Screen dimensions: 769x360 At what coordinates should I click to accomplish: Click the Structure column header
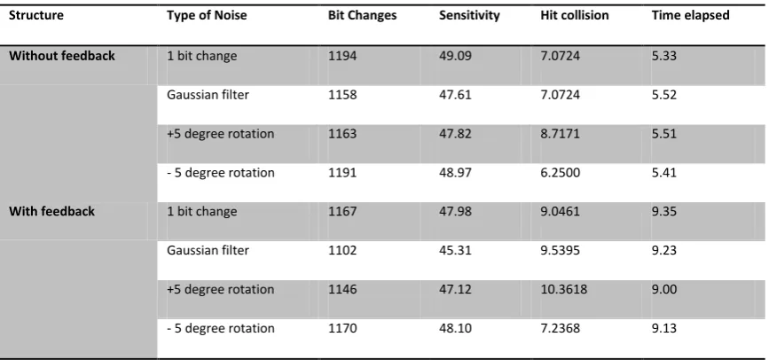click(x=36, y=15)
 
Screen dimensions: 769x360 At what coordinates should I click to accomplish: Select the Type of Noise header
click(x=207, y=16)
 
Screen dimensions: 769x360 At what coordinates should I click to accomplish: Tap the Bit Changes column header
click(x=363, y=16)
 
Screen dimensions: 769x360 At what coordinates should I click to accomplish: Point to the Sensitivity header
click(x=469, y=16)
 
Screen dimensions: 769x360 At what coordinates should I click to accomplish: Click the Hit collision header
click(x=574, y=15)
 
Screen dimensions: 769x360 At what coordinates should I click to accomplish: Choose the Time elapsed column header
click(x=691, y=16)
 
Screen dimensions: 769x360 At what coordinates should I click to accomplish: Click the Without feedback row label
click(x=62, y=56)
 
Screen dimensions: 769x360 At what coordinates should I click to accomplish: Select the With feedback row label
click(x=51, y=211)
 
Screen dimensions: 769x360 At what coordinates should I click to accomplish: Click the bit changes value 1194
click(x=342, y=56)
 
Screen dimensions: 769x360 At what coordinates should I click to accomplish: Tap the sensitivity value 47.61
click(x=455, y=95)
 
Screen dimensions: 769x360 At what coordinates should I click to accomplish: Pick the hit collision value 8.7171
click(x=560, y=134)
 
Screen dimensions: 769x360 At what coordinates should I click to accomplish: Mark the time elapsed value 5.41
click(x=664, y=173)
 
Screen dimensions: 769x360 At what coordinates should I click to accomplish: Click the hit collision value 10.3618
click(x=563, y=289)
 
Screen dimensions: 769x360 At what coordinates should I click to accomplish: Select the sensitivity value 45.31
click(x=455, y=251)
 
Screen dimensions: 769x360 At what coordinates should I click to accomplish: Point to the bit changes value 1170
click(x=342, y=328)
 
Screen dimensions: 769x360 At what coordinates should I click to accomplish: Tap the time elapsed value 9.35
click(x=664, y=211)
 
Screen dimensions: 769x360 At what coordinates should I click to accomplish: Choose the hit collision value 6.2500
click(x=560, y=173)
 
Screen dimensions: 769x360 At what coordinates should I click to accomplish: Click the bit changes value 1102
click(x=342, y=251)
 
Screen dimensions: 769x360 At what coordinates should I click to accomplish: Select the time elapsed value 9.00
click(x=664, y=289)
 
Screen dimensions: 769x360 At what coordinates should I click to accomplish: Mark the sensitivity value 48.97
click(x=455, y=173)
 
